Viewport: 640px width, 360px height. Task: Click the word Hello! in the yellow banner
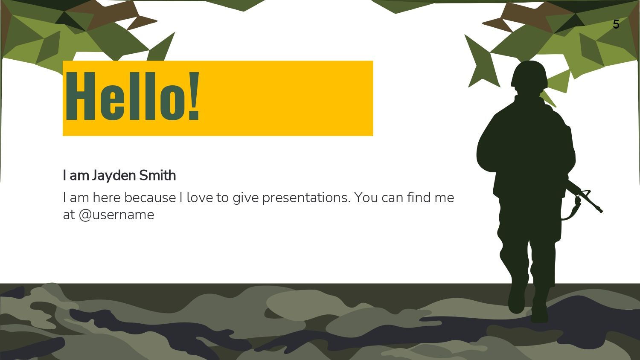[x=132, y=96]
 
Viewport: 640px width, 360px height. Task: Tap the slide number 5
[x=616, y=25]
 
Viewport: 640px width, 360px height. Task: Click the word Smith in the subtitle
[x=157, y=175]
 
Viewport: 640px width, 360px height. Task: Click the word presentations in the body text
[x=306, y=198]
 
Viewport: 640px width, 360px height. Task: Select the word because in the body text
[x=150, y=197]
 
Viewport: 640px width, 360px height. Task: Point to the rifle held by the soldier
[x=585, y=197]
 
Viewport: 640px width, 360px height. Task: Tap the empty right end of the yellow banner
[x=286, y=98]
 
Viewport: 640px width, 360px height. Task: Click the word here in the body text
[x=106, y=197]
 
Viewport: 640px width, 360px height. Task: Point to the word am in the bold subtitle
[x=79, y=176]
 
